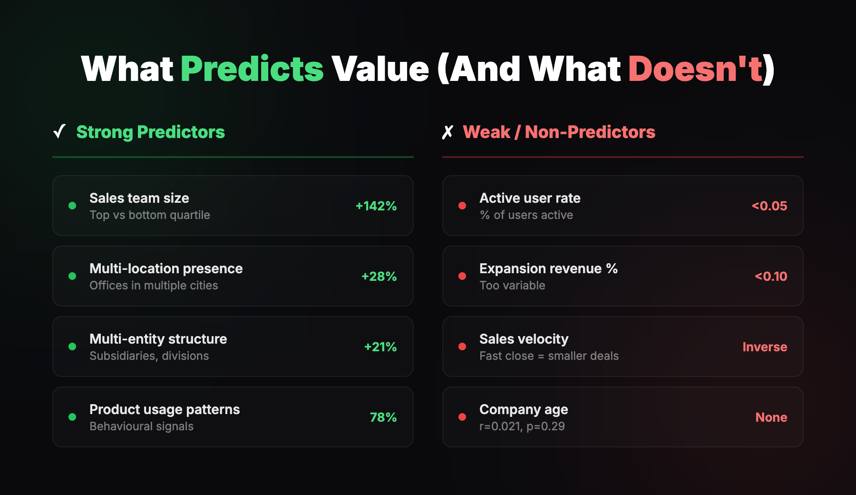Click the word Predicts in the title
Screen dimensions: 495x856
coord(252,69)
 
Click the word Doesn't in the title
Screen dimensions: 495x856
coord(695,69)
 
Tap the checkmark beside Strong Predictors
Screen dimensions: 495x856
coord(59,131)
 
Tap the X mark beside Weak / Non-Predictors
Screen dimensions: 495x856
coord(447,132)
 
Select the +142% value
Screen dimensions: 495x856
coord(376,206)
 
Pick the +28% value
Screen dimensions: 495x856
coord(379,276)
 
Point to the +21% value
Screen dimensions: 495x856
coord(380,346)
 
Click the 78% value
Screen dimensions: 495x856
coord(383,417)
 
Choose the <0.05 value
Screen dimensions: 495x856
coord(769,206)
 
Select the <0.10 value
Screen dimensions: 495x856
coord(770,276)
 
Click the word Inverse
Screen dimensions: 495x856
coord(764,346)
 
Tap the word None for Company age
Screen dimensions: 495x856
coord(771,417)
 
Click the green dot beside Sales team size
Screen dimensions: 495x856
coord(72,206)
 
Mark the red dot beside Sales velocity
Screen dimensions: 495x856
coord(462,346)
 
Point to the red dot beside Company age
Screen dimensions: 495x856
coord(462,417)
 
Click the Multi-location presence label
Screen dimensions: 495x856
coord(166,268)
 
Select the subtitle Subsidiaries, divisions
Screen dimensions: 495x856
coord(149,356)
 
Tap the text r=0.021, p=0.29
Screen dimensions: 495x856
coord(522,426)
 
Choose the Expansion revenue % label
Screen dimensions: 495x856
coord(548,268)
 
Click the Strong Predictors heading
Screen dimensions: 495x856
coord(150,132)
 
